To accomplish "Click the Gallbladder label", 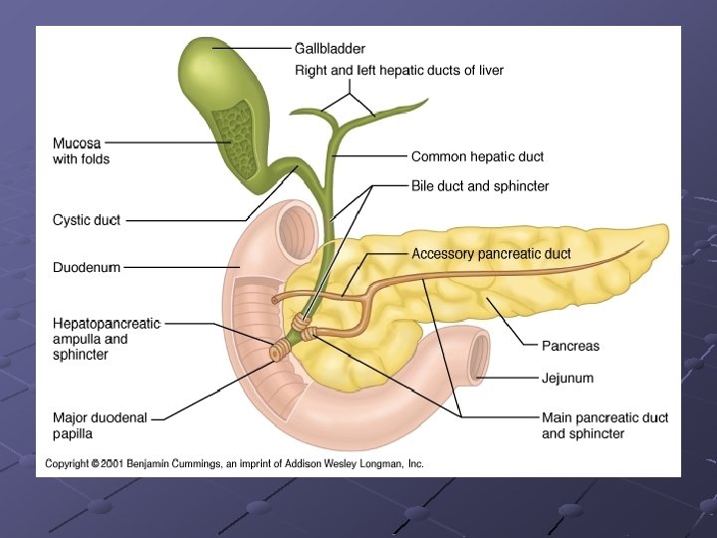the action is coord(330,48).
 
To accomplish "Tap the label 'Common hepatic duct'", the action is coord(477,156).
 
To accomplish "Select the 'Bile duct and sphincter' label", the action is coord(480,186).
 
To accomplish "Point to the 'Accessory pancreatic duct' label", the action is coord(491,254).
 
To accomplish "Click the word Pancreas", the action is coord(571,346).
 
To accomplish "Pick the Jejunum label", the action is coord(568,378).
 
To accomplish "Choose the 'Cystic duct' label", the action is coord(86,220).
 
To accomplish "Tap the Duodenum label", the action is coord(86,267).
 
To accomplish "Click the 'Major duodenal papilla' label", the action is coord(100,425).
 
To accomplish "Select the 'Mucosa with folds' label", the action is coord(81,151).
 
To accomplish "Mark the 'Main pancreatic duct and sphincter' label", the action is coord(604,425).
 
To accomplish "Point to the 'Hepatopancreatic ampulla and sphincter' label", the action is coord(106,339).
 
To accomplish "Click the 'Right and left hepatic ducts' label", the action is coord(399,71).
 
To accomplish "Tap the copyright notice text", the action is coord(234,463).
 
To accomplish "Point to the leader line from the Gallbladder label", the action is coord(251,48).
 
